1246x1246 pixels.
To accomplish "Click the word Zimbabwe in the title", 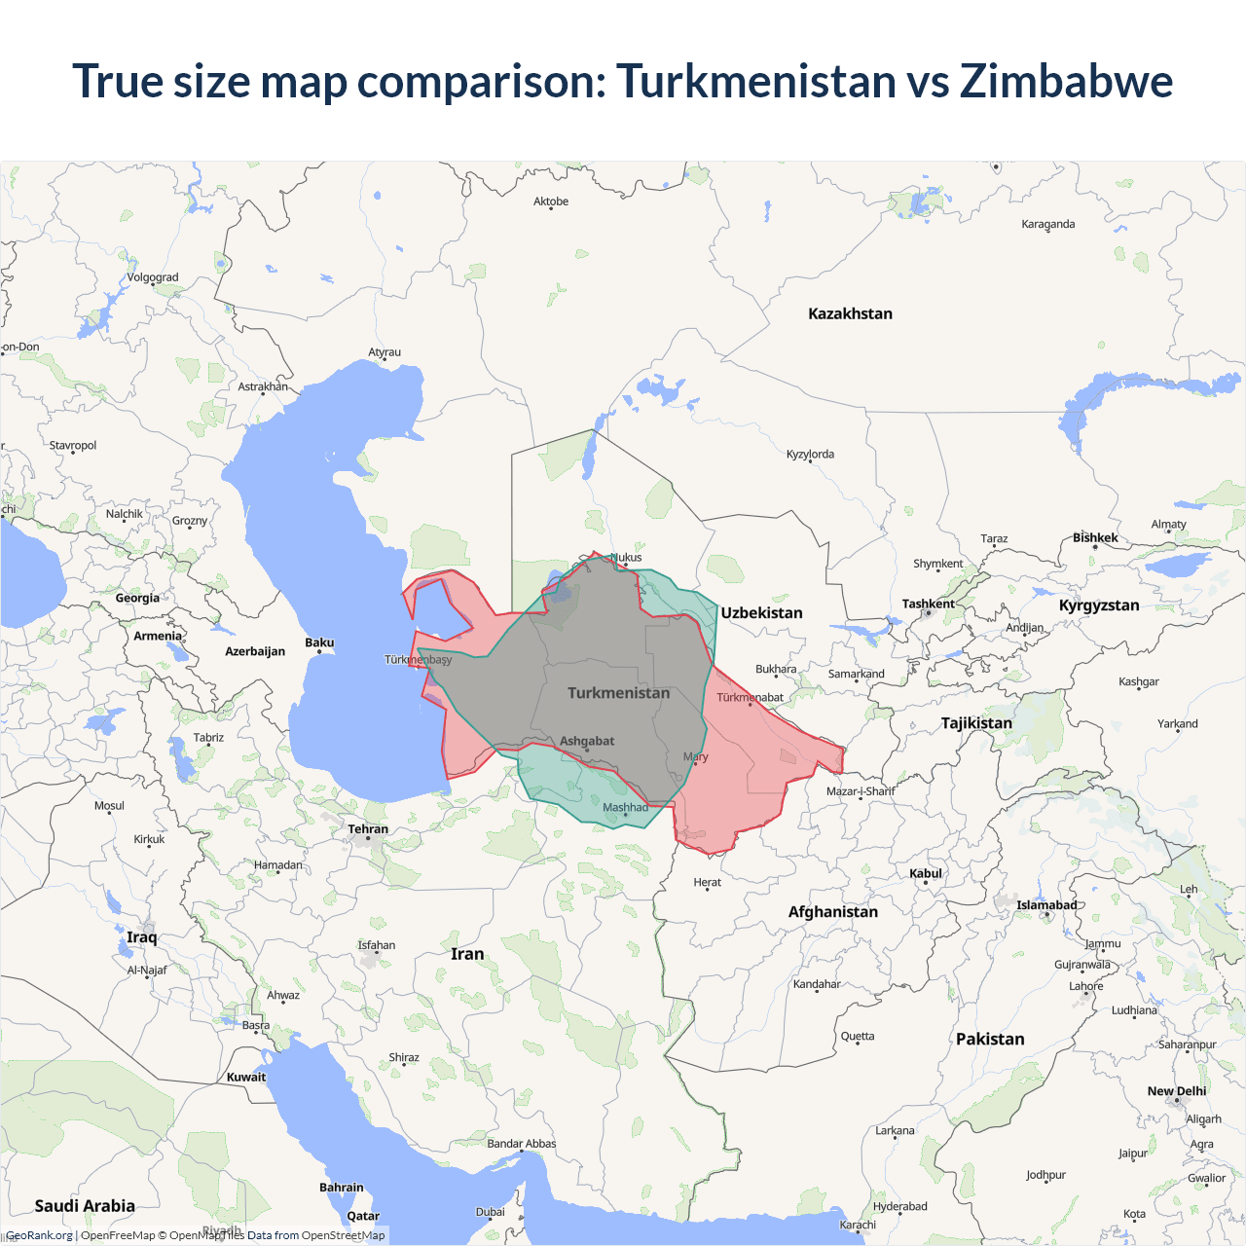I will click(1066, 81).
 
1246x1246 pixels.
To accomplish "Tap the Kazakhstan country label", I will click(850, 313).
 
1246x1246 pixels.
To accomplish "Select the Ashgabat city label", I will click(587, 741).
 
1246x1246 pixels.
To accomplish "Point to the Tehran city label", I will click(368, 829).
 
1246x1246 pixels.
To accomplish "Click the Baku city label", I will click(319, 642).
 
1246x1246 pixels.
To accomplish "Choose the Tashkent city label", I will click(928, 604).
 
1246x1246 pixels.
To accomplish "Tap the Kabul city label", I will click(926, 873).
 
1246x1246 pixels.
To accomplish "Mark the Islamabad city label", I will click(1046, 905).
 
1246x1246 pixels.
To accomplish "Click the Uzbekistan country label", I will click(761, 612).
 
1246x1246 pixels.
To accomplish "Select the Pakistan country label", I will click(990, 1039).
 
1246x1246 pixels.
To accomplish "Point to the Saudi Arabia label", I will click(85, 1205).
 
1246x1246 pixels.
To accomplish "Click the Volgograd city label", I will click(153, 277).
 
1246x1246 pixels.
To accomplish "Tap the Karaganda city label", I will click(1048, 224).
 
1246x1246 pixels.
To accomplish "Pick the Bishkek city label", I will click(1095, 537).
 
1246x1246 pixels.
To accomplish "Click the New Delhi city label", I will click(1176, 1091).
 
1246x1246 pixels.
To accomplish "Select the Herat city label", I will click(708, 882).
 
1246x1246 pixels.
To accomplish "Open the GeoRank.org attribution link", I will click(39, 1235).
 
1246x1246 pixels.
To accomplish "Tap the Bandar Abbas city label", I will click(522, 1144).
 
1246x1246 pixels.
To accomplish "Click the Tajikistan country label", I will click(976, 722).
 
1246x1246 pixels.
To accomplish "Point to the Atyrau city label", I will click(385, 352).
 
